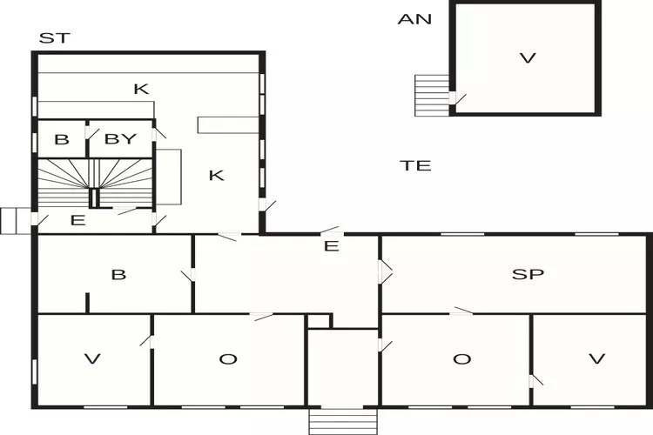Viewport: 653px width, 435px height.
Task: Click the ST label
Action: click(55, 38)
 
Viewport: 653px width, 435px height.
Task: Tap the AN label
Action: click(414, 19)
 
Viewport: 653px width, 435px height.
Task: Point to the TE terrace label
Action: click(416, 165)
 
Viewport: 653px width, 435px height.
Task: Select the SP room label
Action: click(528, 274)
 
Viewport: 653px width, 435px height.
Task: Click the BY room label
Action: click(121, 139)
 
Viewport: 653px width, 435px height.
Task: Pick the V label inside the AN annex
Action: click(526, 58)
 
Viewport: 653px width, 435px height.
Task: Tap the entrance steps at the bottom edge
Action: click(342, 421)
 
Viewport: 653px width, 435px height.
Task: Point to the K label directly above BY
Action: click(141, 89)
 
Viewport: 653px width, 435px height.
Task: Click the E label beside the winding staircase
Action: click(77, 220)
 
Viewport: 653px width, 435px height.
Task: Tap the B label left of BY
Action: click(61, 139)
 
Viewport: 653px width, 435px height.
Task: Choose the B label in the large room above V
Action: click(118, 275)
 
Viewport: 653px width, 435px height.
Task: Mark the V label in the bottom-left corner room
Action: click(91, 359)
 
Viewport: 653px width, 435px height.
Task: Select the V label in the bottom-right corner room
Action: click(596, 359)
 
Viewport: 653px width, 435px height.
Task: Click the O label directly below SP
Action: click(462, 359)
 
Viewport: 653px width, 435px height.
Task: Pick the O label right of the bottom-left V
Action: click(228, 359)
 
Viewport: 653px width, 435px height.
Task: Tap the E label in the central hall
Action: click(331, 246)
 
